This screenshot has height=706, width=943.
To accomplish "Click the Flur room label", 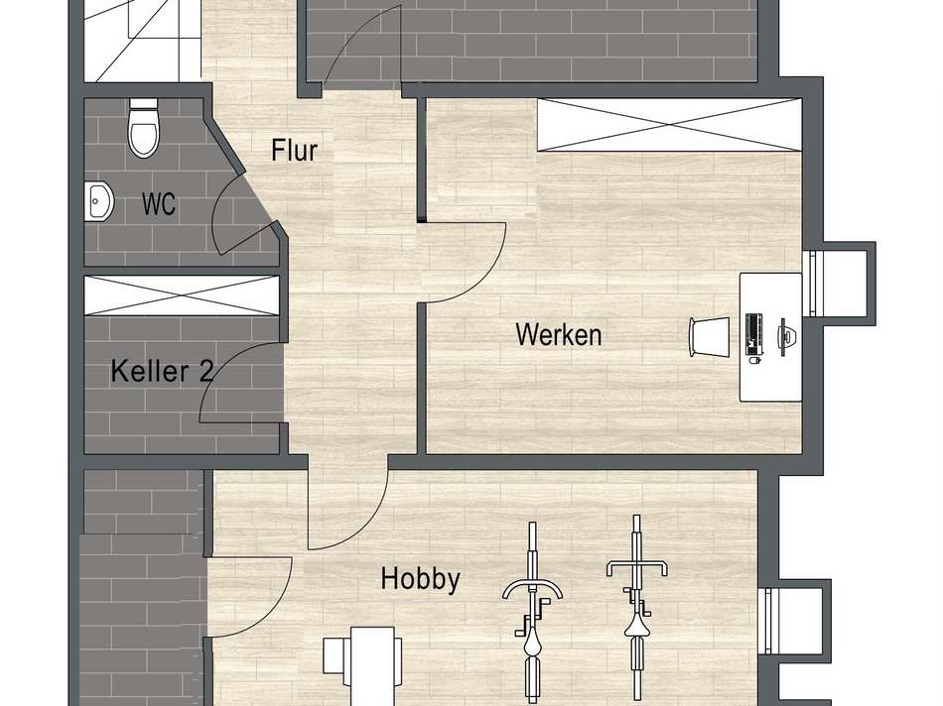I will point(294,151).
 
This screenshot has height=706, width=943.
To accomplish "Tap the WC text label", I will point(159,204).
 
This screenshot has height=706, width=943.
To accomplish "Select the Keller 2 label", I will point(162,372).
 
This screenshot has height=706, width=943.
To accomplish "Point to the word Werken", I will point(558,334).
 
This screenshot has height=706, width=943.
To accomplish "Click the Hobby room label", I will point(420,579).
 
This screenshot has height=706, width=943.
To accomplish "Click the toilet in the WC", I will point(144,129).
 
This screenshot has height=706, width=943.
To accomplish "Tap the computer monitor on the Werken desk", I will point(783,335).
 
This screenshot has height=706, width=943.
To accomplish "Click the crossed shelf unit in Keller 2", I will point(181,294).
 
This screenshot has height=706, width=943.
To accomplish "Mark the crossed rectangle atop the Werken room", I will point(667,124).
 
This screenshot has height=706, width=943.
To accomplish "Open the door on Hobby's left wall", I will point(248,595).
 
